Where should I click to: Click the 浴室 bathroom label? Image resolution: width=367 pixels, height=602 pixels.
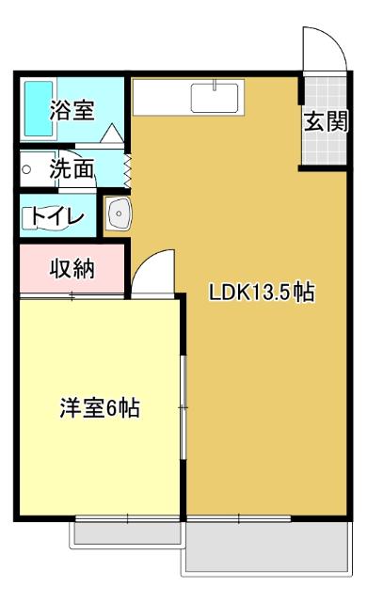click(72, 109)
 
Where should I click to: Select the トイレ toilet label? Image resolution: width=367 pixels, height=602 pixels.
click(57, 216)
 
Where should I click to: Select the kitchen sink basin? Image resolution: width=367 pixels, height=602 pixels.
click(215, 98)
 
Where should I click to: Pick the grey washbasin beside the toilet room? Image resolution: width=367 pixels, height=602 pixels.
click(120, 215)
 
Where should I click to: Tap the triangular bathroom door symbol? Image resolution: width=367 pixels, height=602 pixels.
click(110, 134)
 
